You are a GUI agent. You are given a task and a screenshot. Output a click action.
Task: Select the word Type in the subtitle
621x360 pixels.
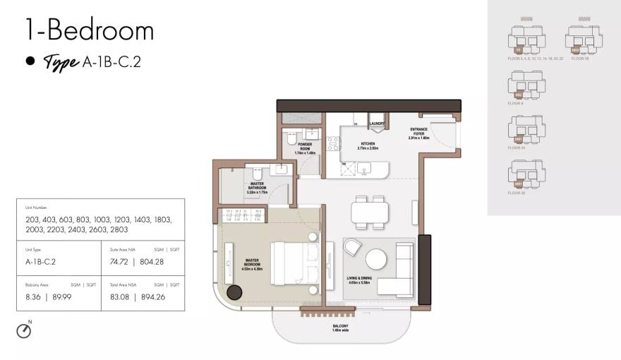(x=60, y=62)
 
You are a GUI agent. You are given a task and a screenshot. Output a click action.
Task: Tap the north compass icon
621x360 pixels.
(x=24, y=330)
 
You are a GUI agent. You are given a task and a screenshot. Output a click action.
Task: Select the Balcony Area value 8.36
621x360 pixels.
(x=33, y=296)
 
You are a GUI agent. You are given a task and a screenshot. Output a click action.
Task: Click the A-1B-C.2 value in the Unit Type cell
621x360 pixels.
(x=40, y=261)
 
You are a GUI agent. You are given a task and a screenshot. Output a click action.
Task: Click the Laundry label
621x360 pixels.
(x=376, y=124)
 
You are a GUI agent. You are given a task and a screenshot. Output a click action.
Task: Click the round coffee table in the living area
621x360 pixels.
(x=375, y=259)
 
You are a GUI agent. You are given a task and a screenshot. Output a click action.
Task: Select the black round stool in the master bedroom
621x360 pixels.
(x=234, y=292)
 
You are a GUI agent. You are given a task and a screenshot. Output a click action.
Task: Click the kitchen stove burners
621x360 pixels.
(x=332, y=144)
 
